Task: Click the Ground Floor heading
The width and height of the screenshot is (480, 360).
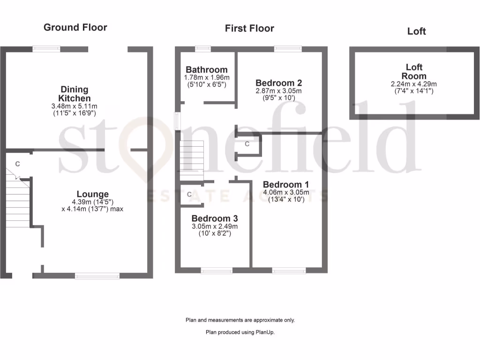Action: click(75, 27)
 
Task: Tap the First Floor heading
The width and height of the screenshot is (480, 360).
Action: click(249, 28)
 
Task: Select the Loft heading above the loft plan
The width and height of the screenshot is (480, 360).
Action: click(416, 31)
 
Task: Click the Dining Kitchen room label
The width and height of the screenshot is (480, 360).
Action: click(75, 94)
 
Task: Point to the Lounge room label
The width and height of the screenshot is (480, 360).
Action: click(93, 194)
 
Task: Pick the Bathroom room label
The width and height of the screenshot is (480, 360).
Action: click(207, 70)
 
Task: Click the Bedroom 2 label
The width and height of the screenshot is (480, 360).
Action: click(278, 83)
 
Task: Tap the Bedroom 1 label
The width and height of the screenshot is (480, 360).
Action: click(286, 184)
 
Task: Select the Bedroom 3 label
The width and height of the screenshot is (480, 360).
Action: click(214, 218)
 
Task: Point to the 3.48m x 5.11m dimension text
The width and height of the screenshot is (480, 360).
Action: click(75, 106)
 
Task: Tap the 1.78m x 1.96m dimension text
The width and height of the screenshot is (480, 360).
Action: click(207, 77)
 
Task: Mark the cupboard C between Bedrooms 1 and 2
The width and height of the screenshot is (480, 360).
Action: click(247, 144)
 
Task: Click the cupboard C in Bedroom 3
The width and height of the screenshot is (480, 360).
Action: click(189, 194)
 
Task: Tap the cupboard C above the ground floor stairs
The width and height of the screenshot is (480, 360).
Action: click(18, 164)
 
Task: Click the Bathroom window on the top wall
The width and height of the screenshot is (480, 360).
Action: click(203, 48)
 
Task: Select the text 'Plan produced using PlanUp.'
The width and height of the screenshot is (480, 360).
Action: click(240, 332)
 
